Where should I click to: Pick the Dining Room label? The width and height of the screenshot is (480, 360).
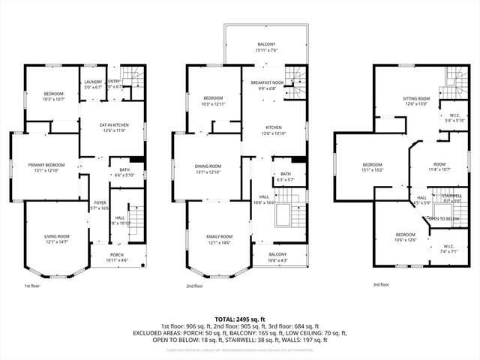[x=209, y=166]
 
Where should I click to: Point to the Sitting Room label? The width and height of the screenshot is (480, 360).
[x=416, y=98]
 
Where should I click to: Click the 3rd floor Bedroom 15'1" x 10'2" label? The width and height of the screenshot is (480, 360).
[x=373, y=165]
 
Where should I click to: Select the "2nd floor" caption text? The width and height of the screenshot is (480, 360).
[x=196, y=286]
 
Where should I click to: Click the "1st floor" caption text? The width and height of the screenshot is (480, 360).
[x=32, y=286]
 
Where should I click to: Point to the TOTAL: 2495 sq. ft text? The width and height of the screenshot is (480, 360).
[x=239, y=319]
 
